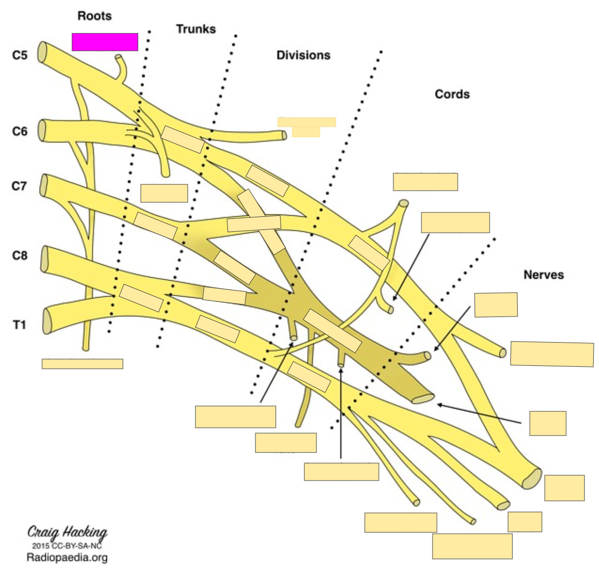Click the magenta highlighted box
(x=105, y=42)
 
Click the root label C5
(x=20, y=55)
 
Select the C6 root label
(x=20, y=131)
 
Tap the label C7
(x=19, y=186)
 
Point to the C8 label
(x=20, y=255)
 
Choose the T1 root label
(x=19, y=325)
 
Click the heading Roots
(x=94, y=16)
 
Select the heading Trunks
(x=195, y=29)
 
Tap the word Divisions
(x=303, y=55)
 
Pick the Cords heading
(x=452, y=94)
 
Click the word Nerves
(x=543, y=275)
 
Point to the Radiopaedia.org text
(x=67, y=558)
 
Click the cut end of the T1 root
(x=47, y=321)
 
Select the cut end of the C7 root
(x=44, y=185)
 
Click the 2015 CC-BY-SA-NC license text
(x=67, y=546)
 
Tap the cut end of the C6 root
(x=42, y=131)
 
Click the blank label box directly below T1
(x=82, y=364)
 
